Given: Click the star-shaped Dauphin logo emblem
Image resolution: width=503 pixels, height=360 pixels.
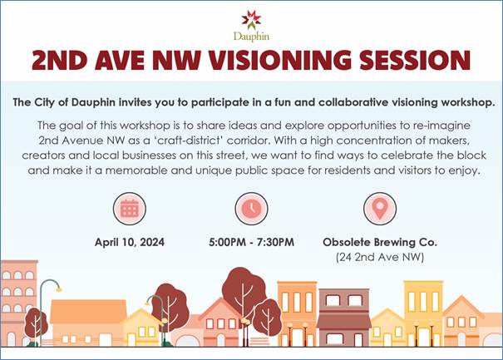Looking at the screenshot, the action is click(251, 20).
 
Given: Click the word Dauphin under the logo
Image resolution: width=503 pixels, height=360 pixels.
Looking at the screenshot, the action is click(251, 37).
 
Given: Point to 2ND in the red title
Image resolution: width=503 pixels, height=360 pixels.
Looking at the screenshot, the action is click(60, 60).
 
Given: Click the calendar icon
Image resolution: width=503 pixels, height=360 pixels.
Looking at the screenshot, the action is click(130, 209).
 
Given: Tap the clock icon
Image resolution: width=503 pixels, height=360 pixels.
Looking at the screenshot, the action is click(251, 209).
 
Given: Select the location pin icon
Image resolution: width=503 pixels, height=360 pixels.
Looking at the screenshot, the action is click(380, 209).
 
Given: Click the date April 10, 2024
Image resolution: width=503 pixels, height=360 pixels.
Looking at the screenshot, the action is click(130, 242).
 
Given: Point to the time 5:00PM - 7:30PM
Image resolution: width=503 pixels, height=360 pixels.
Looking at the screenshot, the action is click(251, 242).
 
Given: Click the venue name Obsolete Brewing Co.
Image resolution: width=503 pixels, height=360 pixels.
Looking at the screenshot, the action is click(380, 242).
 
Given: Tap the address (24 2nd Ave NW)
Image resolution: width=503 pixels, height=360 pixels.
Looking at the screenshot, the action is click(380, 257).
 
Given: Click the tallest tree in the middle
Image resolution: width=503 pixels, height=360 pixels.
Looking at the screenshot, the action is click(243, 295).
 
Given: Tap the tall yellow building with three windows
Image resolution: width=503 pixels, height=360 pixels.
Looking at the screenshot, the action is click(423, 313).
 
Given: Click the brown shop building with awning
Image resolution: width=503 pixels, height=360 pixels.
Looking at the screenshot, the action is click(344, 318).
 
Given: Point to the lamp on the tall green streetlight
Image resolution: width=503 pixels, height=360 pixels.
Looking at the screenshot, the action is click(59, 289).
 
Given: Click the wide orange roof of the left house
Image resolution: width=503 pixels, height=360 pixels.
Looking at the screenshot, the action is click(88, 311).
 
